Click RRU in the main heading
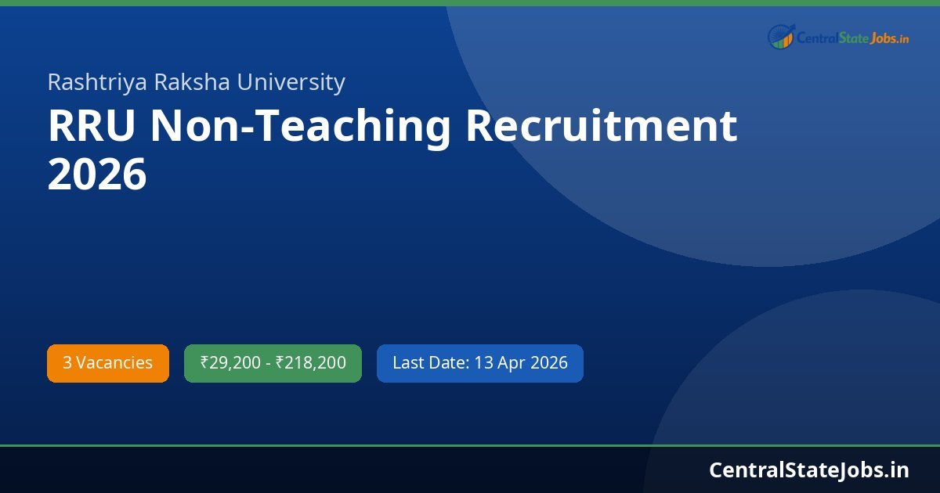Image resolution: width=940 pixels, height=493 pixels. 92,127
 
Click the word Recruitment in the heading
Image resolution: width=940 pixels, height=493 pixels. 602,127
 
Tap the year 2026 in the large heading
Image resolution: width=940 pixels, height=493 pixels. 97,175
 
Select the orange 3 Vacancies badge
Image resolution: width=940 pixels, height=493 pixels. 108,363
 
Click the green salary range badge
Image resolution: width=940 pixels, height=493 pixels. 273,363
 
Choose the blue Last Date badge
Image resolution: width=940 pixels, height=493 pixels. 479,363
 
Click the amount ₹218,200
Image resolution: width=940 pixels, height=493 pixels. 311,363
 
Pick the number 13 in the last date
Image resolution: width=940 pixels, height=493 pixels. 483,363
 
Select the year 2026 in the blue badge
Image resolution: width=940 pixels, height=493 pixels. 549,363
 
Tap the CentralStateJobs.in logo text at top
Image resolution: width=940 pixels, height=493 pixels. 852,37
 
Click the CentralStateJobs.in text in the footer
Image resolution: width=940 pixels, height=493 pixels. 809,470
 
